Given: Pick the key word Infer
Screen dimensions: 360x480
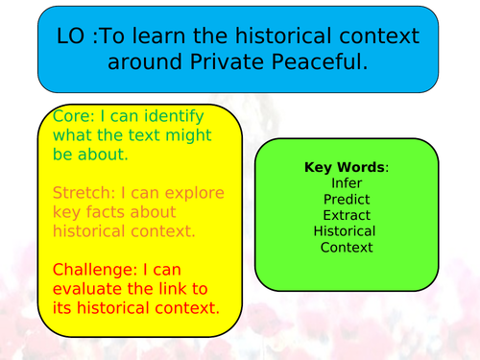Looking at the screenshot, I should [x=346, y=182].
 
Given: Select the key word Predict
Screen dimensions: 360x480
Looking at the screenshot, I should [x=346, y=199].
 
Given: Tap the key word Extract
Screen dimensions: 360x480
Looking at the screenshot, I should [x=346, y=215].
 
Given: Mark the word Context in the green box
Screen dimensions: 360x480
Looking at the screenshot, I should [x=346, y=248].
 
